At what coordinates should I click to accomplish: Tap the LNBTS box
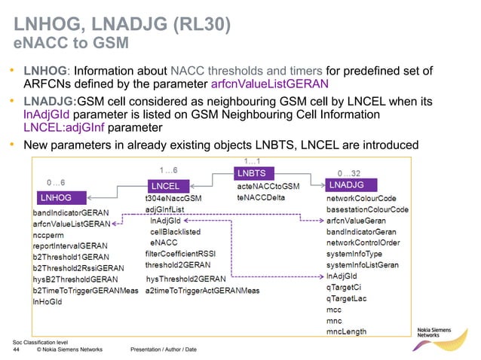click(254, 174)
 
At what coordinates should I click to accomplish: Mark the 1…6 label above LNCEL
click(167, 171)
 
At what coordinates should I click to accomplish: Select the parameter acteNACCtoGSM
click(268, 186)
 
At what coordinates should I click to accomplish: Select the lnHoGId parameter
click(47, 301)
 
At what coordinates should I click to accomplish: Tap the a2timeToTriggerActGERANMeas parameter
click(203, 290)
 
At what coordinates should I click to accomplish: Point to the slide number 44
click(17, 349)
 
